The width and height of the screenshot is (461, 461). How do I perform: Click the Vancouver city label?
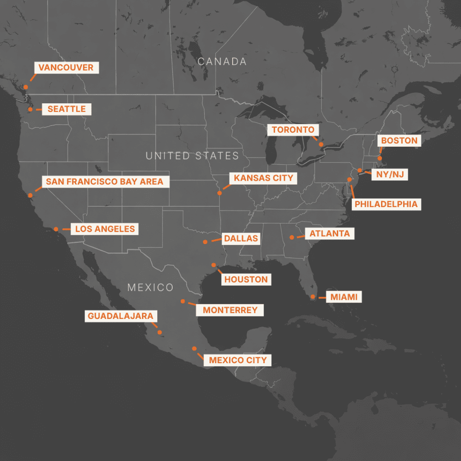66,68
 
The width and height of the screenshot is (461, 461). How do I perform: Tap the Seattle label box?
66,109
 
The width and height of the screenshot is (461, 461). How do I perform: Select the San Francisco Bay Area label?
105,182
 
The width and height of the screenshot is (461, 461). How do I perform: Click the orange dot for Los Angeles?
56,229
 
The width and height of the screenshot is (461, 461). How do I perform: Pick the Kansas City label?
264,178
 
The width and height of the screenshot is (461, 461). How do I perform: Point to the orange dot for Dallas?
205,242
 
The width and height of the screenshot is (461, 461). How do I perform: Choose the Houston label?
246,279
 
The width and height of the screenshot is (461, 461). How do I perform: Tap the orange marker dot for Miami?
313,297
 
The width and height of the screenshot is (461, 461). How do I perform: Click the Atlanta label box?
330,233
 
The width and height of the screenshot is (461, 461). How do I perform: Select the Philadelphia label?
386,204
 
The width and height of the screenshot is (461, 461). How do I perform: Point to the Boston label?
399,141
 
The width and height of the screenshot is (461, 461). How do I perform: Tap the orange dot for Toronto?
321,145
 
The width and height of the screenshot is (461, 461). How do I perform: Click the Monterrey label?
230,310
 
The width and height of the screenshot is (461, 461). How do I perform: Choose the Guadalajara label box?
120,316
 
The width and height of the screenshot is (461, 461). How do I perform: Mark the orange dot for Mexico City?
194,348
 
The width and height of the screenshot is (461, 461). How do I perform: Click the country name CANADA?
222,62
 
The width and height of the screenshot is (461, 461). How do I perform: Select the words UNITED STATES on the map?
192,156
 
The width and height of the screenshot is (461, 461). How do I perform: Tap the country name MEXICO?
151,287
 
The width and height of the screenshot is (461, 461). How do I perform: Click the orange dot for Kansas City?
219,193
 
